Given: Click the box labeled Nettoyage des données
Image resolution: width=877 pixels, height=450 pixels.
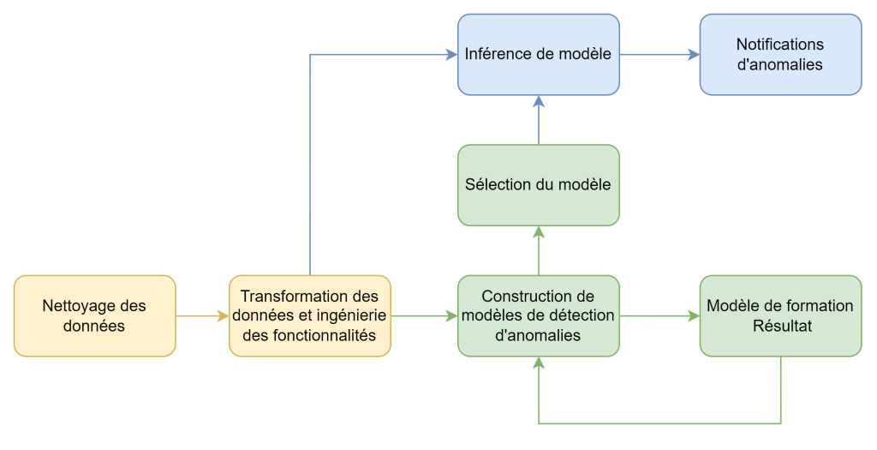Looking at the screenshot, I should point(94,315).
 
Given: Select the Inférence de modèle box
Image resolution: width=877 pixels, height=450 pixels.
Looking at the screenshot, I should point(538,54).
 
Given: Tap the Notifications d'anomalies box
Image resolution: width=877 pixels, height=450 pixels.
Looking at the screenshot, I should point(780,54).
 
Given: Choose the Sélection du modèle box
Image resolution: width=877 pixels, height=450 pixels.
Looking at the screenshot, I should point(538,185).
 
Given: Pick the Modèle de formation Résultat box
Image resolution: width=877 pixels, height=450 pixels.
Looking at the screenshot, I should point(780,315).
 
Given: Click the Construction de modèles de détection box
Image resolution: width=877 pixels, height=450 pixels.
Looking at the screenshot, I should point(538,315).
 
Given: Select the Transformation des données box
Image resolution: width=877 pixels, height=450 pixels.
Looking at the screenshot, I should point(309,315).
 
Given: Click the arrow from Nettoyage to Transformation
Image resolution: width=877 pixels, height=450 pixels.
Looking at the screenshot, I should point(202,315).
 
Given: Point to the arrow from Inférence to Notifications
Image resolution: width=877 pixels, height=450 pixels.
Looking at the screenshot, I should point(659,55).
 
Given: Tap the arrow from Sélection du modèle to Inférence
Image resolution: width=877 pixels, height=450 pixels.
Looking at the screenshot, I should point(538,119).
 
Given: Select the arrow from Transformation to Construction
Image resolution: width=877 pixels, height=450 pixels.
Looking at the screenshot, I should point(424,315).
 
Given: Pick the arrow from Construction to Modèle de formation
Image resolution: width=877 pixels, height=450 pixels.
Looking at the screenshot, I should point(659,315).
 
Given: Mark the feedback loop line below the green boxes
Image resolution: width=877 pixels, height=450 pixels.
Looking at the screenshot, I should point(659,423).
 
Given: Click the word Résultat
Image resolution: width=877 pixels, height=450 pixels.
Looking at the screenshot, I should point(779,326).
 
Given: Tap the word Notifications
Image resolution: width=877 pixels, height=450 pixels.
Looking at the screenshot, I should point(779,45).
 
